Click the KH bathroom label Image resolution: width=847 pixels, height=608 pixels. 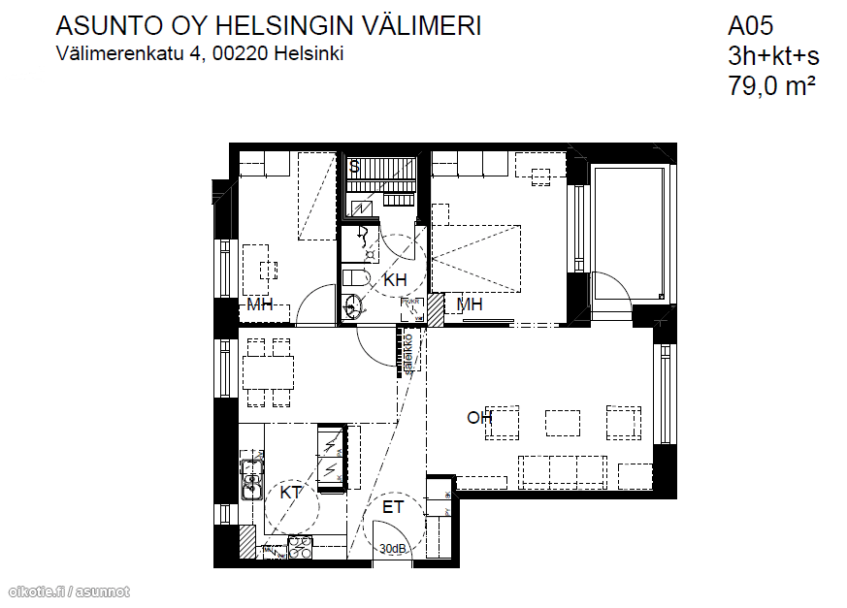pos(395,280)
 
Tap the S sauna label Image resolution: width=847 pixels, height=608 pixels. pos(355,167)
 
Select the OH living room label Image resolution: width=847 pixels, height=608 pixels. pos(479,418)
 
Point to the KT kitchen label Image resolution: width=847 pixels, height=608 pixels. pos(291,493)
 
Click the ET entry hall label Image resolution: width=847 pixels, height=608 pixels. pos(393,507)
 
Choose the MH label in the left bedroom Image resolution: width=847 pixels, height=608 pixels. pos(260,305)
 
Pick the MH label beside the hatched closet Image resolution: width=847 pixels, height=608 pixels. pos(471,305)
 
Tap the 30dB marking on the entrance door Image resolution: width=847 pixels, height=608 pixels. pos(393,549)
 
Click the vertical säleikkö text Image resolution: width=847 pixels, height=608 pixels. pos(408,354)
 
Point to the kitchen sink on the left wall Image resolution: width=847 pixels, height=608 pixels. pos(252,482)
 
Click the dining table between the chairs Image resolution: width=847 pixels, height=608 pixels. pos(268,370)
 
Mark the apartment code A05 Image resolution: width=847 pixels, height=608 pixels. pos(751,26)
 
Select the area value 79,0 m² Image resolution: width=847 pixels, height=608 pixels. pos(771,85)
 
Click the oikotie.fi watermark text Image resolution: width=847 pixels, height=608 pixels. pos(39,592)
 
